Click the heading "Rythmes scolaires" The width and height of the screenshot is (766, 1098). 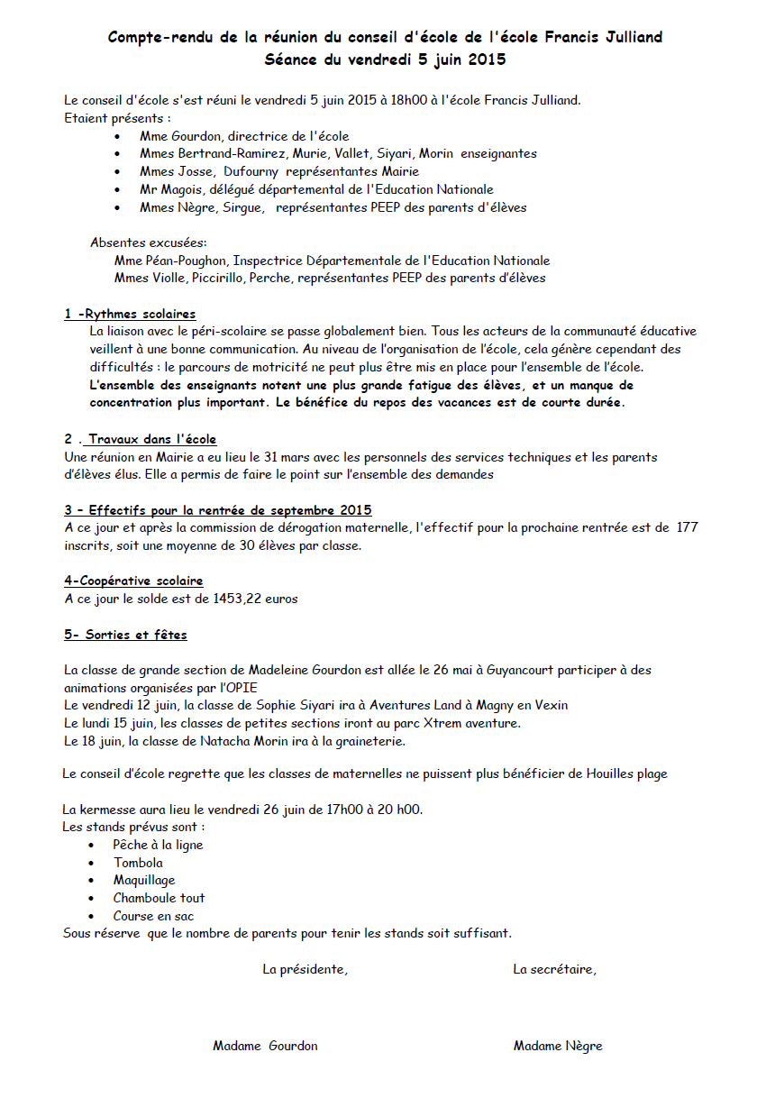click(137, 315)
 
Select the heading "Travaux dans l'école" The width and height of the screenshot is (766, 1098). click(152, 440)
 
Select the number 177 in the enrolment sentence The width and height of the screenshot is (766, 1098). click(687, 528)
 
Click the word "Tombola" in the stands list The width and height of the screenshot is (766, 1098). click(138, 864)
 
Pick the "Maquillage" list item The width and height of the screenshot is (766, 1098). click(144, 881)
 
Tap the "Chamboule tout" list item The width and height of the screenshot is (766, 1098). click(159, 899)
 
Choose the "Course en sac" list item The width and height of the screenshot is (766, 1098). click(153, 917)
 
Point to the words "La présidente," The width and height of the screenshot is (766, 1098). click(305, 970)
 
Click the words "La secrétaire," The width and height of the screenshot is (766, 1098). click(554, 970)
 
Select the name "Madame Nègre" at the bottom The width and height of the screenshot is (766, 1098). click(558, 1047)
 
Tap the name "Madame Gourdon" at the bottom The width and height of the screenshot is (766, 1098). click(265, 1047)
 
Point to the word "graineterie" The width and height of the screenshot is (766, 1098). click(371, 742)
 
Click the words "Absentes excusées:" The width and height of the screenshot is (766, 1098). click(148, 243)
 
